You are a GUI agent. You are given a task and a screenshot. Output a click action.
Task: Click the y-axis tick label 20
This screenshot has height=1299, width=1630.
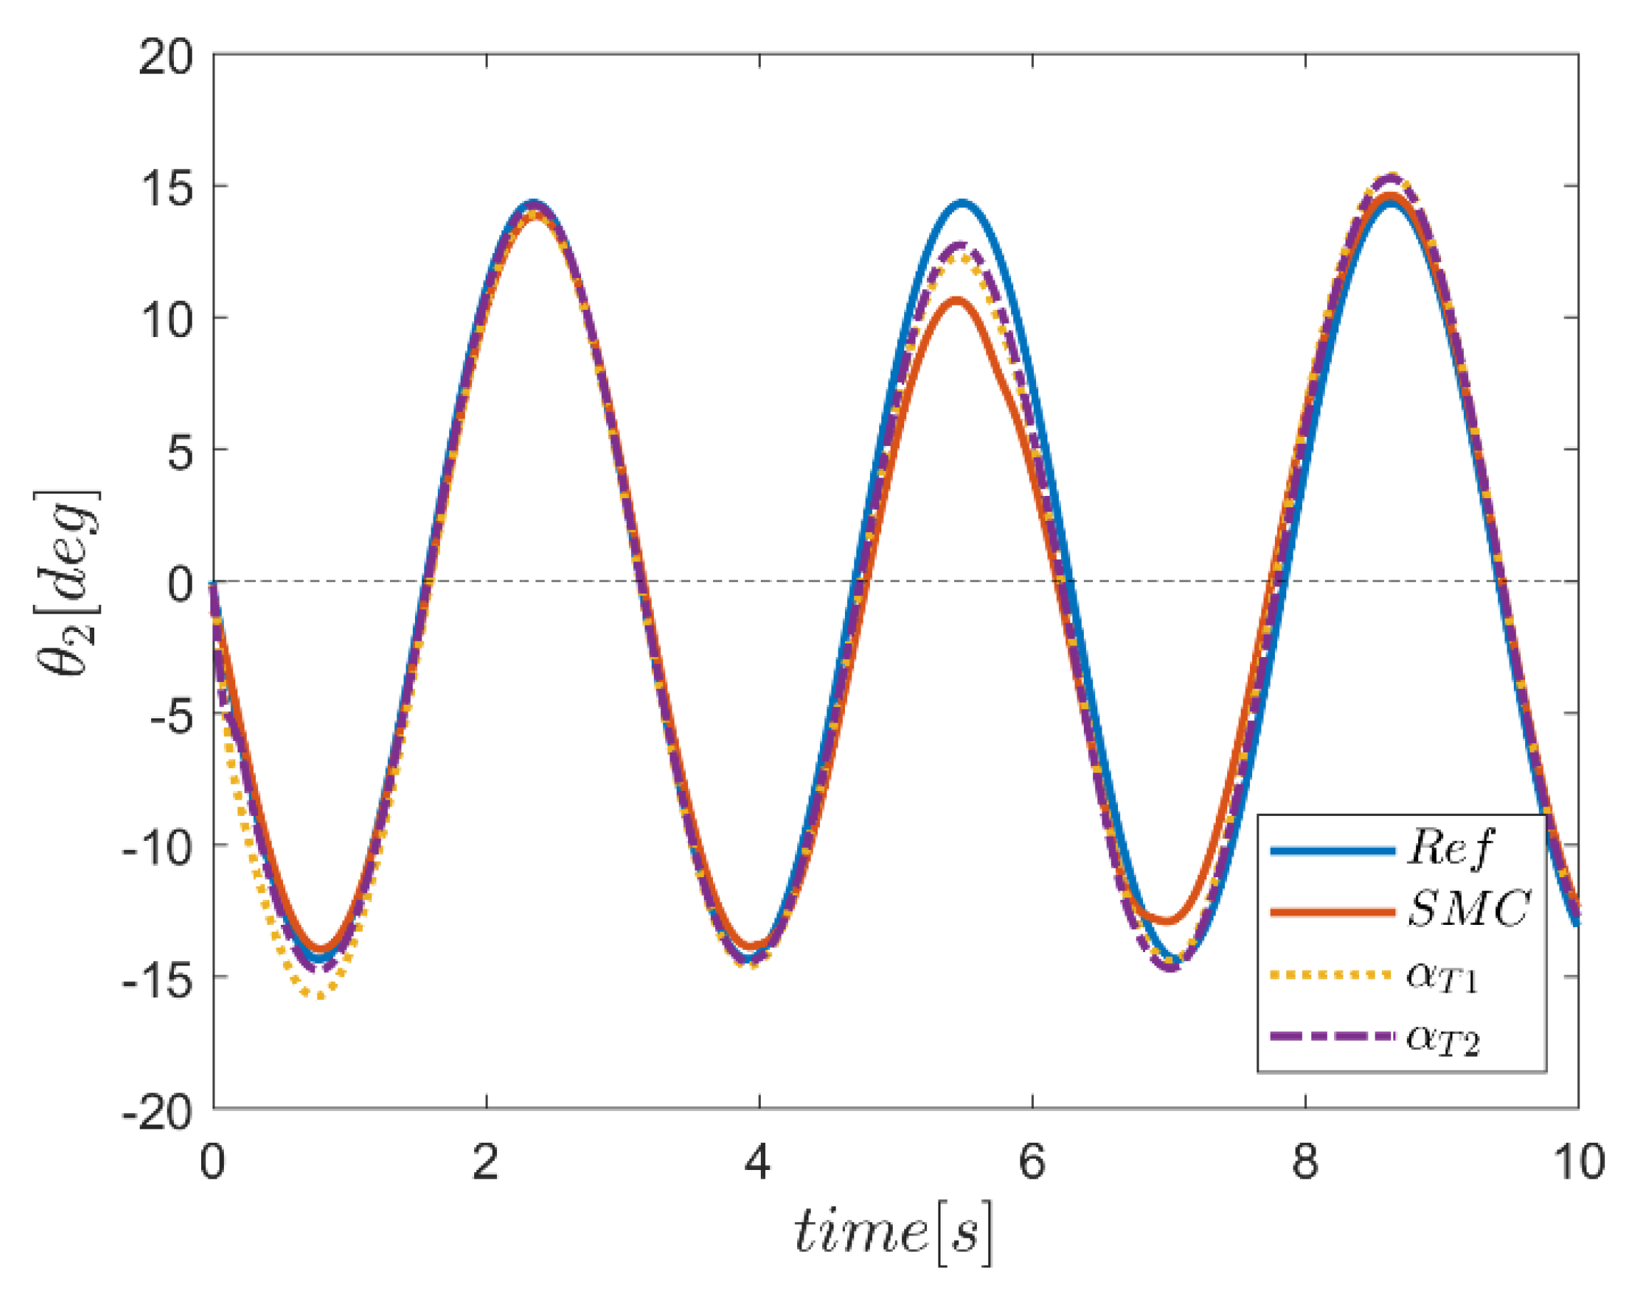(x=165, y=58)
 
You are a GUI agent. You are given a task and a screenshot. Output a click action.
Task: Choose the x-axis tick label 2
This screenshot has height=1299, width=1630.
(x=486, y=1161)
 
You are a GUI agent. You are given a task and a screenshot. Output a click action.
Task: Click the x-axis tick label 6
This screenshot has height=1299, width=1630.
(x=1032, y=1161)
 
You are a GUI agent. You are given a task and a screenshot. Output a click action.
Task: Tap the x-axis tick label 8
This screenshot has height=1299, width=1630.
(x=1305, y=1161)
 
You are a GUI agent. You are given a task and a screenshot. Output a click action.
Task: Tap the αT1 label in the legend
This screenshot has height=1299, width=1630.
(x=1441, y=975)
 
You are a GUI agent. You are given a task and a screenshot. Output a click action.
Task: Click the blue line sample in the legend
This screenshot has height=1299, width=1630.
(x=1332, y=851)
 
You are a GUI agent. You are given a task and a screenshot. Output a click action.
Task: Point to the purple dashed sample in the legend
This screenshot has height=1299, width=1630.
(x=1332, y=1036)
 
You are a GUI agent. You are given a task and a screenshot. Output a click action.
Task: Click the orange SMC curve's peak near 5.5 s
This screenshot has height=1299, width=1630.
(x=957, y=301)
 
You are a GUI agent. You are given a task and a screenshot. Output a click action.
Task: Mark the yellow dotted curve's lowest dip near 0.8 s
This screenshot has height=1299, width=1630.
(x=322, y=996)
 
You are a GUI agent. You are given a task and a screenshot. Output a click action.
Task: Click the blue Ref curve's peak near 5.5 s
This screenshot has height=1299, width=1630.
(x=963, y=202)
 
